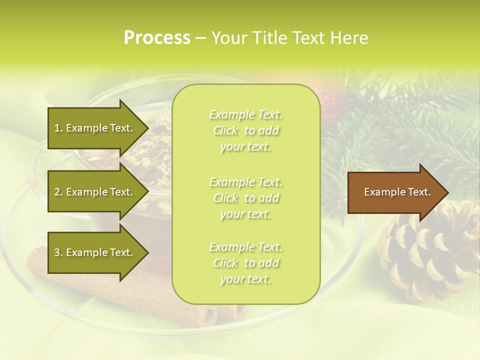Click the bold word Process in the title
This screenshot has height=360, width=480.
157,38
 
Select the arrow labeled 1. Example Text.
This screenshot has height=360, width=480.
95,128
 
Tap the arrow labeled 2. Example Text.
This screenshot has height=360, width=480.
95,192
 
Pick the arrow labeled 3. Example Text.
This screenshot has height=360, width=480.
95,252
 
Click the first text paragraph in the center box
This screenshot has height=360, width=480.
246,130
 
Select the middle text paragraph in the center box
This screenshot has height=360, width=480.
246,198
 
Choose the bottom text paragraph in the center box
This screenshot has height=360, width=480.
246,263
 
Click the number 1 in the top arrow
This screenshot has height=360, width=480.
57,128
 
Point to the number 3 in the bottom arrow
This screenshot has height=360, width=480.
57,252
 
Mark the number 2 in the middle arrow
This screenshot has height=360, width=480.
57,192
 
